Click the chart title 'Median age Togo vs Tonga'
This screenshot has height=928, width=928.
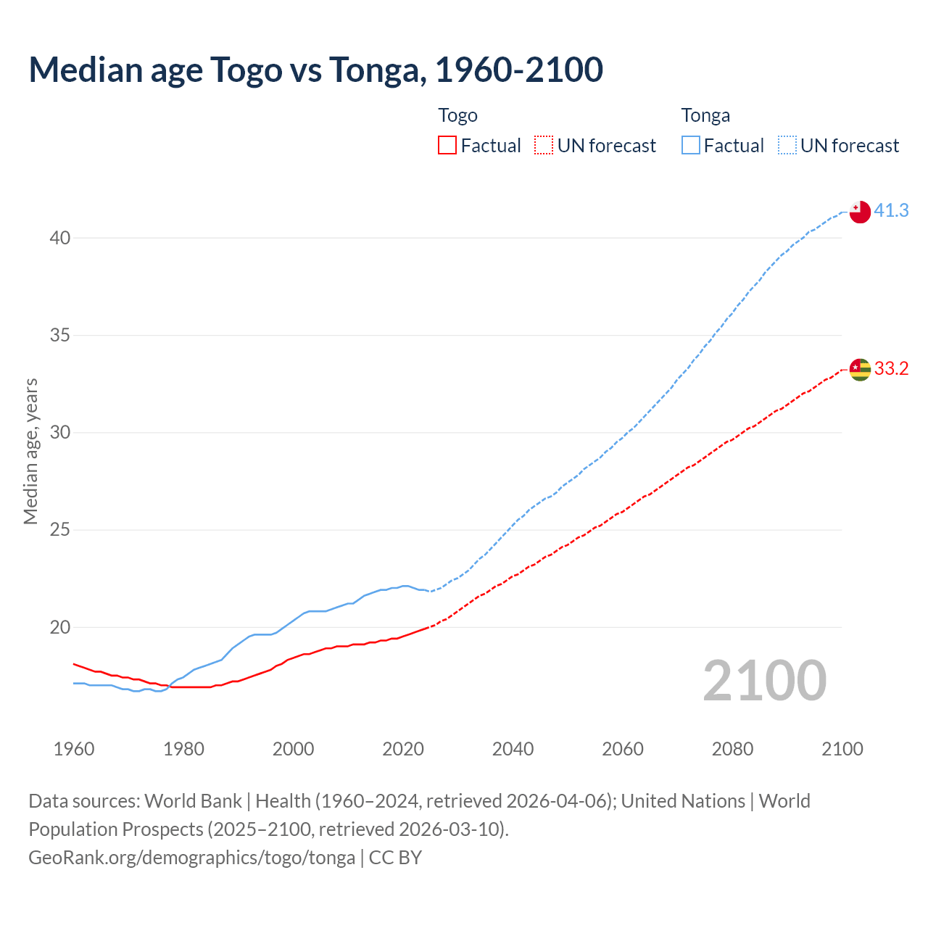point(315,70)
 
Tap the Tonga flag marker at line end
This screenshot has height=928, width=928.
point(859,212)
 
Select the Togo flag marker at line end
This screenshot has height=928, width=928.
point(859,369)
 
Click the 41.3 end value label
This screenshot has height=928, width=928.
point(891,210)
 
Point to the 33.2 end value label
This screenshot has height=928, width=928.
point(891,368)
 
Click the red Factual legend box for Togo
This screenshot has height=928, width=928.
point(447,146)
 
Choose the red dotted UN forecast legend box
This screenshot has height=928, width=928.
point(544,146)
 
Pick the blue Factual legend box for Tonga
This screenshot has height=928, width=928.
point(690,146)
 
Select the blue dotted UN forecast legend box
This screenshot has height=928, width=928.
point(787,146)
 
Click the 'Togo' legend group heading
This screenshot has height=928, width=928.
point(457,116)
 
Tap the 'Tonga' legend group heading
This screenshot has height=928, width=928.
point(705,116)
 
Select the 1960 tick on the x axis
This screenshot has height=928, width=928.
point(74,749)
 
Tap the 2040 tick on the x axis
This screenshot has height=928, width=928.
point(513,749)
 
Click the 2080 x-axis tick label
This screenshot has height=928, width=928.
point(732,749)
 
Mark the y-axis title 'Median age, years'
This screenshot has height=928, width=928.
point(30,451)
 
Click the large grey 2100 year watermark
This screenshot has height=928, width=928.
point(764,681)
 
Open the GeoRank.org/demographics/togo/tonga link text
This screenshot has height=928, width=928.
point(191,858)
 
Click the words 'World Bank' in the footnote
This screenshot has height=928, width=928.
point(193,801)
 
